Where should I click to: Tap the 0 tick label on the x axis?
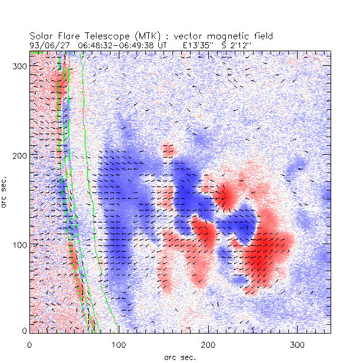29,345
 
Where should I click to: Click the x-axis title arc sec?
179,357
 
